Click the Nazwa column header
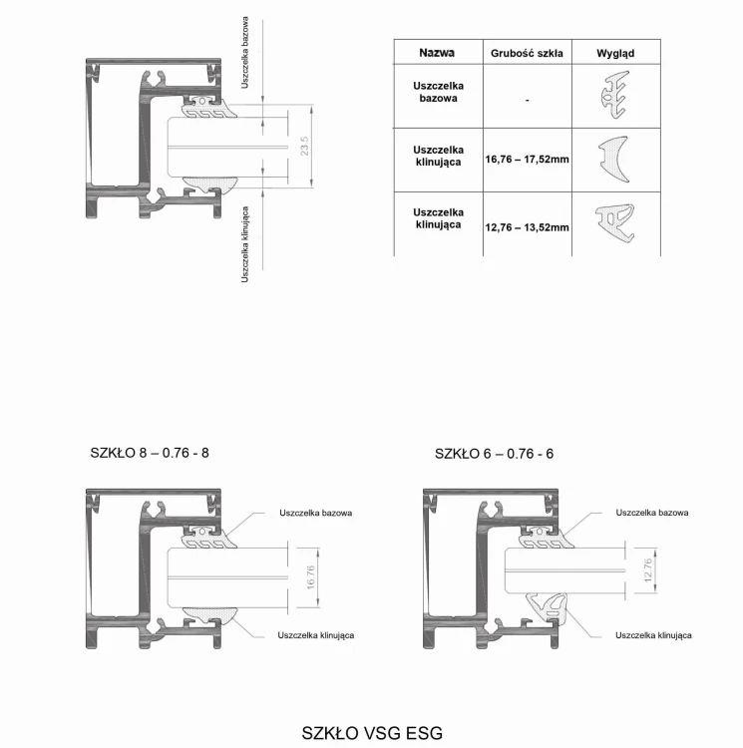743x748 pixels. tap(437, 53)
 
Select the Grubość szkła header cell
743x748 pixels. tap(527, 53)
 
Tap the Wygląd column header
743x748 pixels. tap(615, 53)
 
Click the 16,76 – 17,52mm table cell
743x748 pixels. tap(527, 159)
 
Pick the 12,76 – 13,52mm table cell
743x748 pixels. tap(527, 227)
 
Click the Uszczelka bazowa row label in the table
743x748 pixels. tap(438, 92)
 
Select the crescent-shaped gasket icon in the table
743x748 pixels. tap(614, 159)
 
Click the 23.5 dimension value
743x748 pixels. tap(305, 146)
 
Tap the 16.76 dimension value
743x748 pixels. tap(310, 577)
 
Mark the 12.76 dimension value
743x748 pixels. tap(647, 570)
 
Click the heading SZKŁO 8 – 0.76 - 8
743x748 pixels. tap(150, 452)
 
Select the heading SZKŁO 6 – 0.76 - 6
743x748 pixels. tap(494, 453)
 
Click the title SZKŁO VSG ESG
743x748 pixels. tap(372, 733)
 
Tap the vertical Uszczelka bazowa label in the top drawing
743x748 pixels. tap(245, 53)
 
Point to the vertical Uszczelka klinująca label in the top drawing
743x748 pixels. tap(245, 244)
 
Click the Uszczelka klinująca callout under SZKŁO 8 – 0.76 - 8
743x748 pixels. tap(316, 635)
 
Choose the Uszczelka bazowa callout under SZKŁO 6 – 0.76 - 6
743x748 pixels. tap(652, 513)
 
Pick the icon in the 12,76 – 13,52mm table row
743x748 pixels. tap(615, 222)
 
